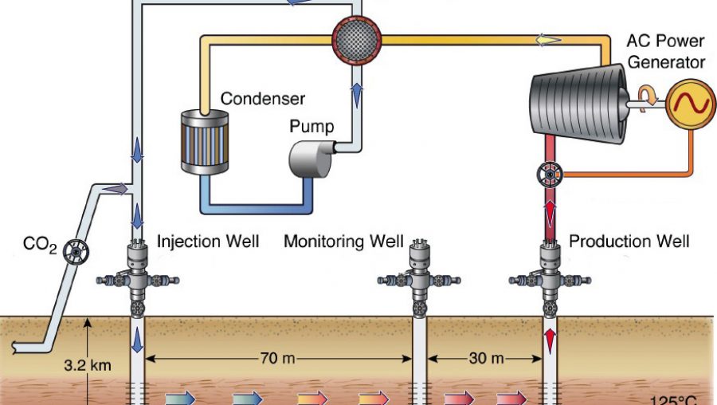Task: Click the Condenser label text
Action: point(262,98)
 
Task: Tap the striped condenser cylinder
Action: point(205,142)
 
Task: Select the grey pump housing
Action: point(311,159)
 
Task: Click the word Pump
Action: point(311,126)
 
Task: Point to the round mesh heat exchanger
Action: point(357,41)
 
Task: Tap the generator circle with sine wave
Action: point(690,104)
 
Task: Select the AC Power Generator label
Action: point(665,51)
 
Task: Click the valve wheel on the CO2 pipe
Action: point(76,252)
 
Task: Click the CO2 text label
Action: point(40,245)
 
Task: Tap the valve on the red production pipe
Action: point(549,175)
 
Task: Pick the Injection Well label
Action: point(208,242)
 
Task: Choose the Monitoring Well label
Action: point(343,242)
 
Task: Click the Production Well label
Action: point(629,242)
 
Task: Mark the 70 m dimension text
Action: point(277,358)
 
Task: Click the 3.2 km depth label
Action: point(88,365)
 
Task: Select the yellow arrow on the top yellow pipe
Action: point(549,41)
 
